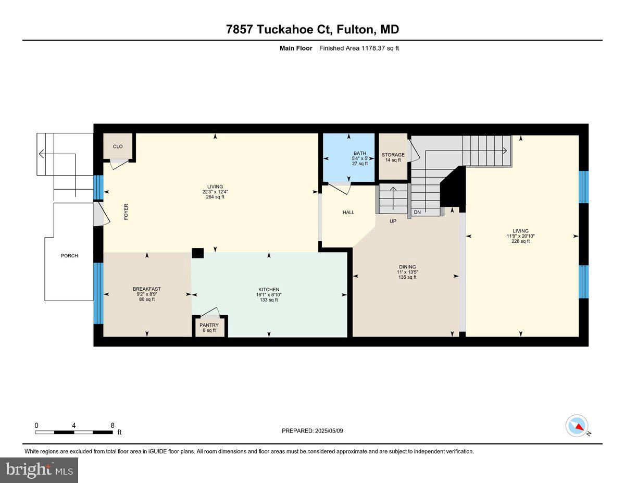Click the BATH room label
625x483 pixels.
coord(360,153)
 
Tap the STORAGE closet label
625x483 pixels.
coord(393,155)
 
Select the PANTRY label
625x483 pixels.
coord(209,325)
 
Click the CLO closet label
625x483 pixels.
coord(118,146)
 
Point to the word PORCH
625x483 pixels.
coord(69,256)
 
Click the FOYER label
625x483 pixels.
coord(126,213)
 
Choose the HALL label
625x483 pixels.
coord(348,212)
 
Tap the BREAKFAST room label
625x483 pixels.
coord(146,289)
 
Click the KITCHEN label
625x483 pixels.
coord(269,290)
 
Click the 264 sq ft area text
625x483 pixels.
coord(215,197)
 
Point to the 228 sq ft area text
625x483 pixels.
coord(520,241)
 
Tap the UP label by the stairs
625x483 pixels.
coord(393,221)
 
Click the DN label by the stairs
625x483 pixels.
coord(417,213)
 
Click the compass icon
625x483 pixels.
coord(577,426)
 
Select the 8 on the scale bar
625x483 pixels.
coord(113,425)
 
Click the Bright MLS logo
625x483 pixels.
coord(39,470)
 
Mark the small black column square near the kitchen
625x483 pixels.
coord(197,253)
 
